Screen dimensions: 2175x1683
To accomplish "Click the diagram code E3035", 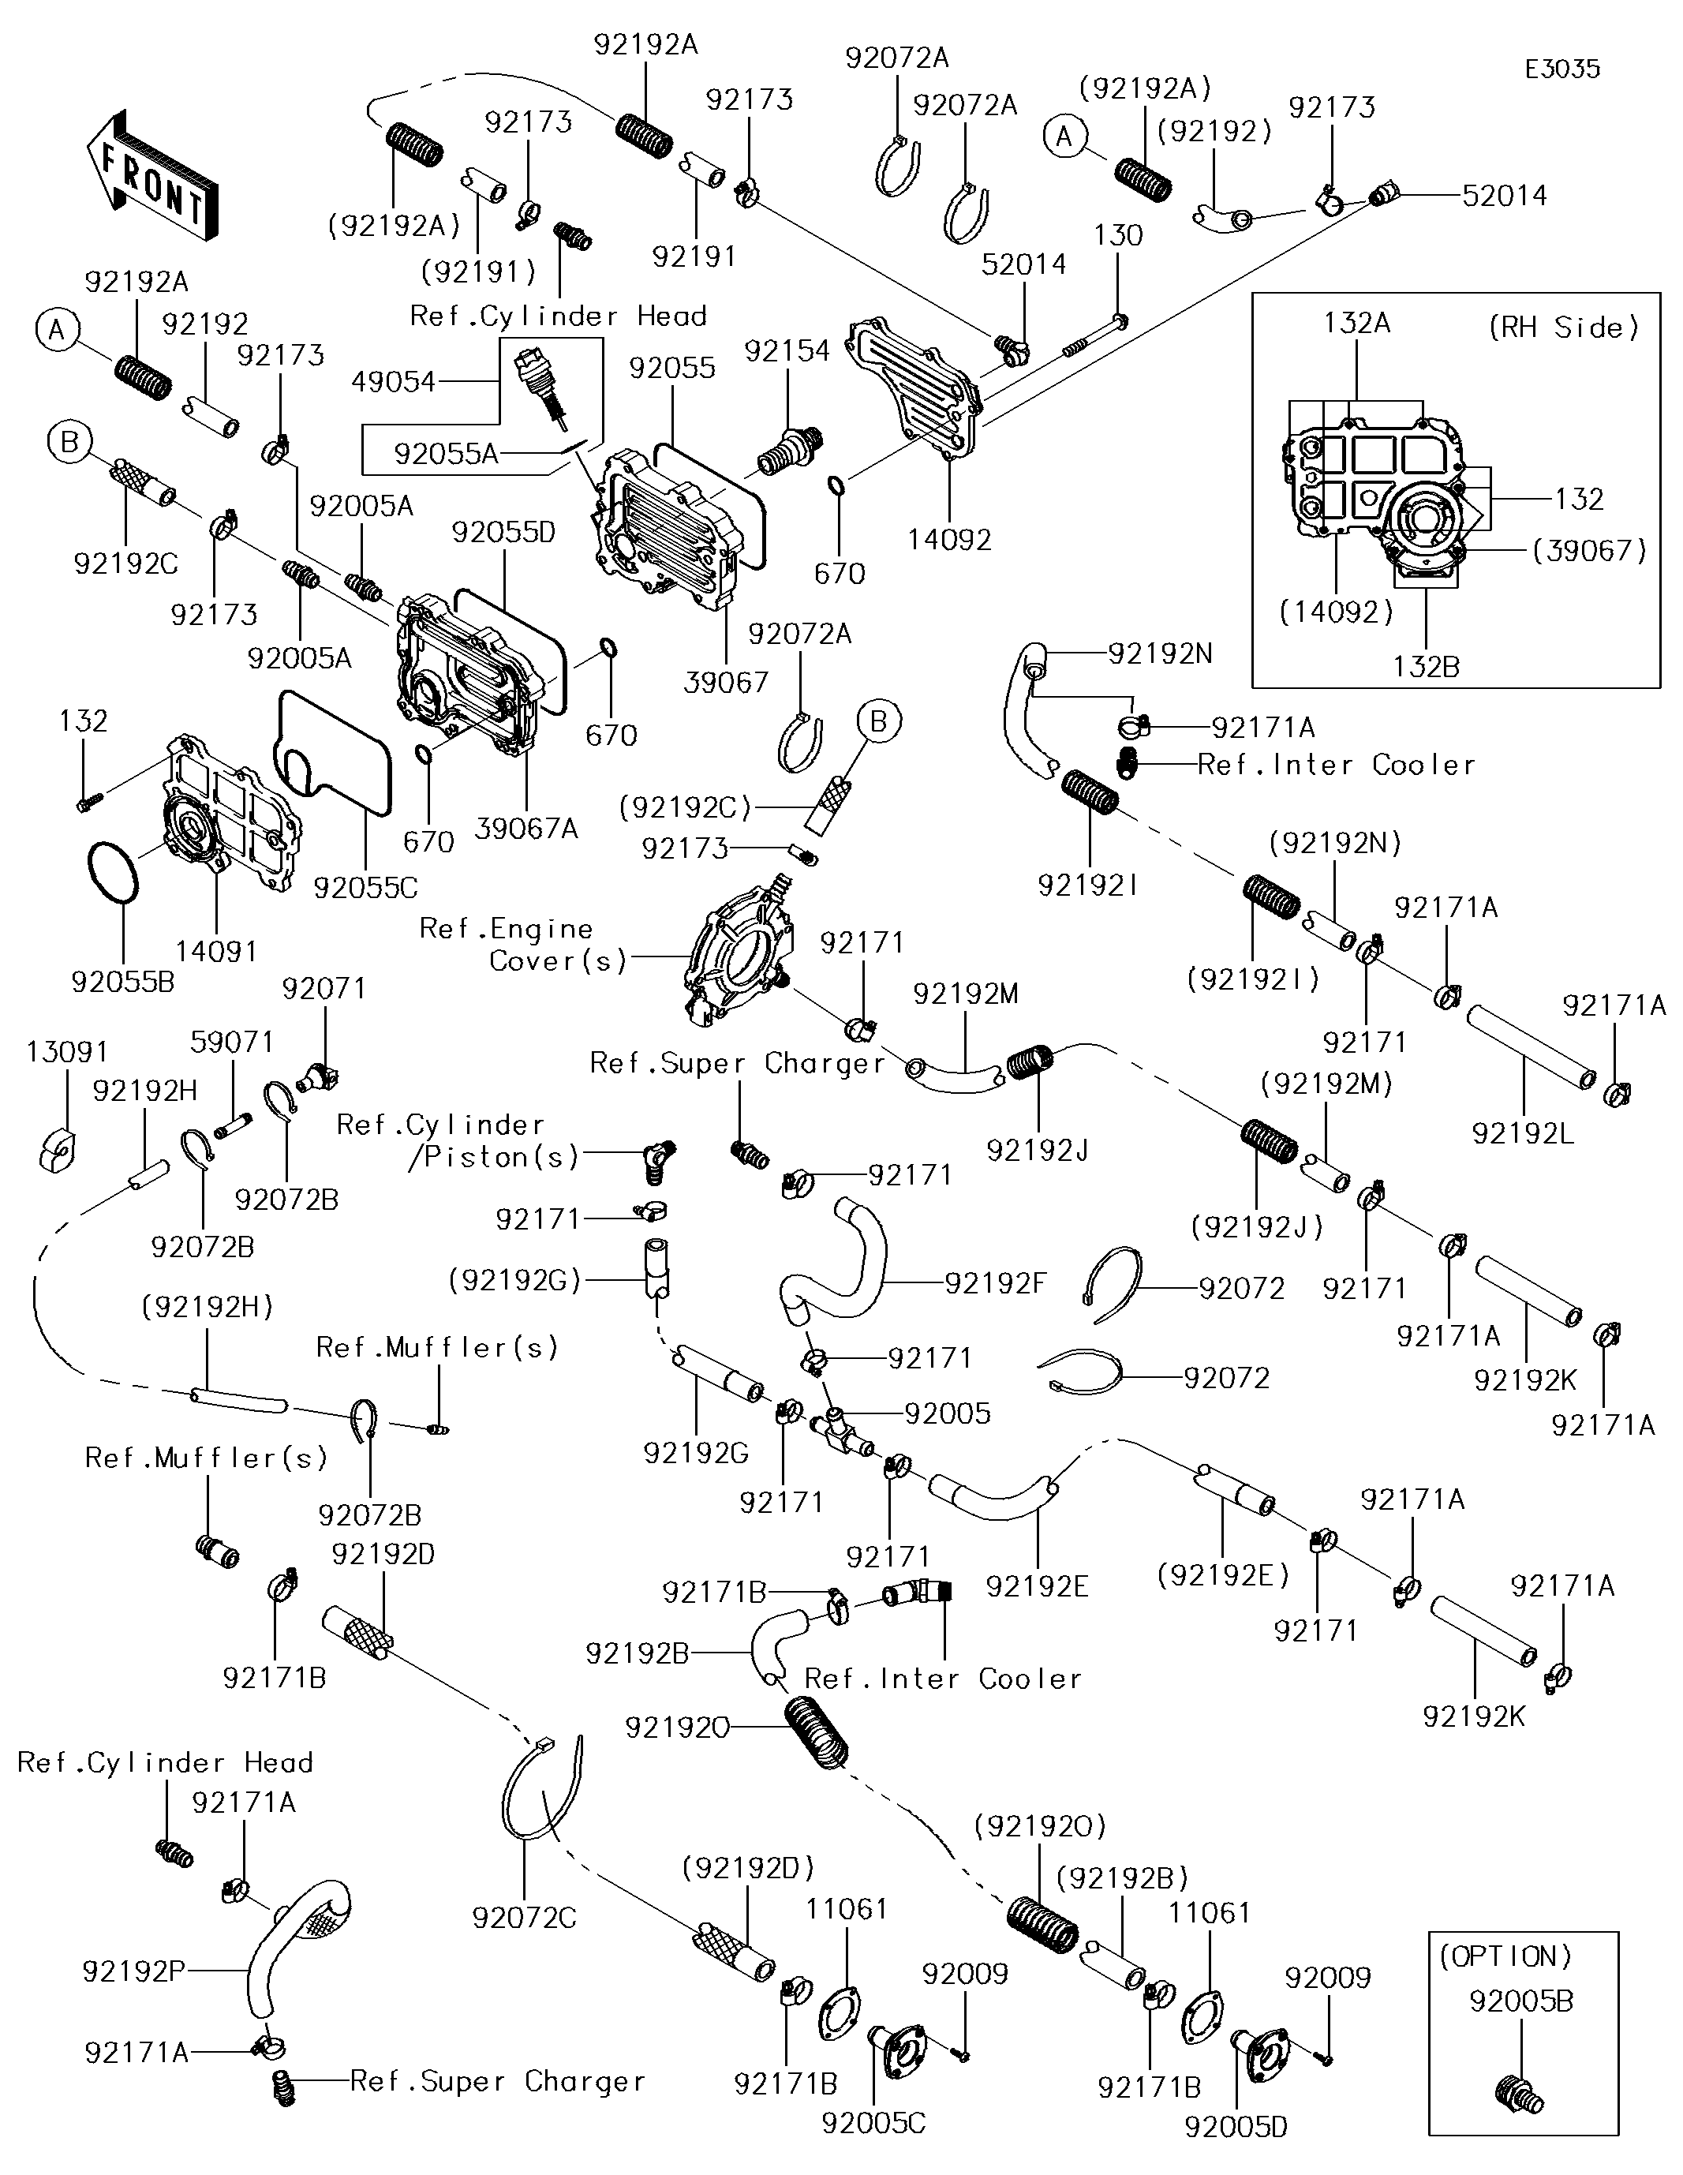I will tap(1561, 69).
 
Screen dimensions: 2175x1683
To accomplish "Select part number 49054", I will tap(394, 381).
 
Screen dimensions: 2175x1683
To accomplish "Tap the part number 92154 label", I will tap(787, 350).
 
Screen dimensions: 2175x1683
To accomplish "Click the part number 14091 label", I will tap(216, 951).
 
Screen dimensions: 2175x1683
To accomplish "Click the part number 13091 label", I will tap(67, 1052).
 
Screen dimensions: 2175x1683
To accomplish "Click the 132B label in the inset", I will tap(1426, 666).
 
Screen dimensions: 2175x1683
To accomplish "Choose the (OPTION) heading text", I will tap(1505, 1956).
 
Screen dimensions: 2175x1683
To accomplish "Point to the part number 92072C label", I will tap(524, 1917).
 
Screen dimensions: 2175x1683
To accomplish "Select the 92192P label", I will tap(133, 1970).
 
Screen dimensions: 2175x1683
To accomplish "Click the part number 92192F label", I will tap(996, 1282).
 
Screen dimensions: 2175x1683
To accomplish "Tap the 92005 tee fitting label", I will tap(947, 1413).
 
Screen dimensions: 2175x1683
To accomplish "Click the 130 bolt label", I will tap(1117, 235).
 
